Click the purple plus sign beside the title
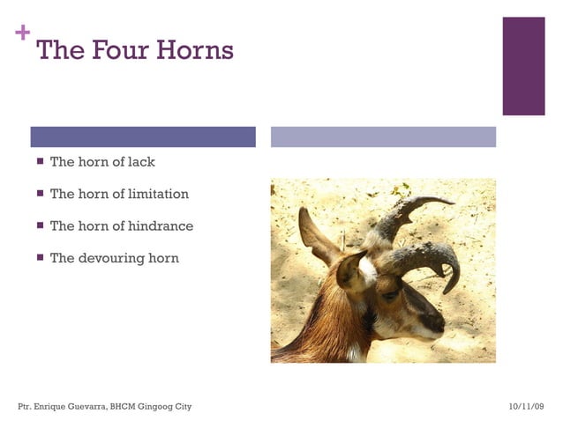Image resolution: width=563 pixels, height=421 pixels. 22,34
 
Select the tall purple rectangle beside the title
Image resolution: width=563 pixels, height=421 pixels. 523,66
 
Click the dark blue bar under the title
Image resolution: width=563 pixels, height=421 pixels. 143,137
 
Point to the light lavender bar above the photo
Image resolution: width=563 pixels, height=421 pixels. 383,137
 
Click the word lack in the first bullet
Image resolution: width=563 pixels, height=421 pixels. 141,162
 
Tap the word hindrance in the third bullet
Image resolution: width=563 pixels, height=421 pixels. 161,226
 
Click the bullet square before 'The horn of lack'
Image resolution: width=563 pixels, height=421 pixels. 40,162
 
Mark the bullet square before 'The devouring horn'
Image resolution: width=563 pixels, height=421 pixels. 40,258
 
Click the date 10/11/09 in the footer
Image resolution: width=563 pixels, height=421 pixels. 527,406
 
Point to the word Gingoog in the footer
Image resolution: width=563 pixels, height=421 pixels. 158,406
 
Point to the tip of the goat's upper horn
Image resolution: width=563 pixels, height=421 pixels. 451,203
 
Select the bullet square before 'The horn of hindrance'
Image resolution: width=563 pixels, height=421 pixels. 40,226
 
